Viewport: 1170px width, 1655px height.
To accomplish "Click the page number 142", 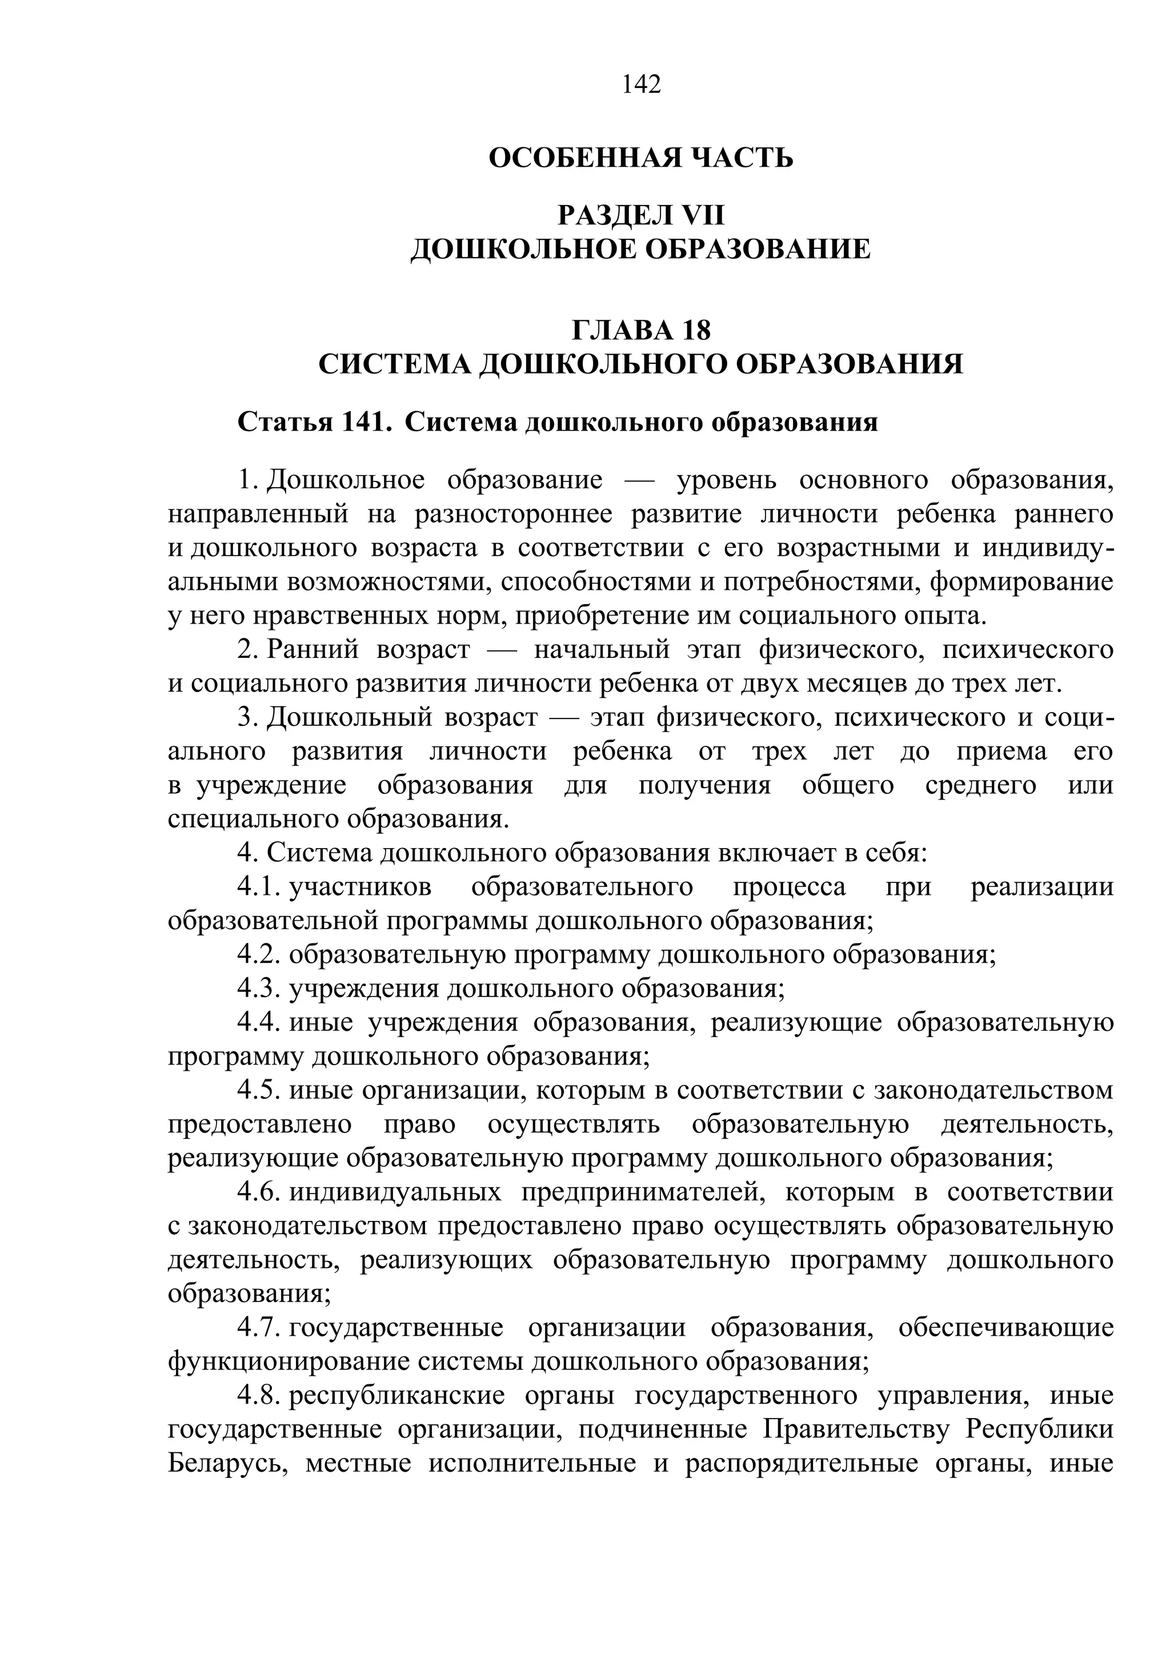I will pos(641,85).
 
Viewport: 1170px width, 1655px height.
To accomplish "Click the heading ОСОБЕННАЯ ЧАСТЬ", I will pos(641,157).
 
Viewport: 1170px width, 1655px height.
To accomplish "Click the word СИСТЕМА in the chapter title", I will pos(394,364).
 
